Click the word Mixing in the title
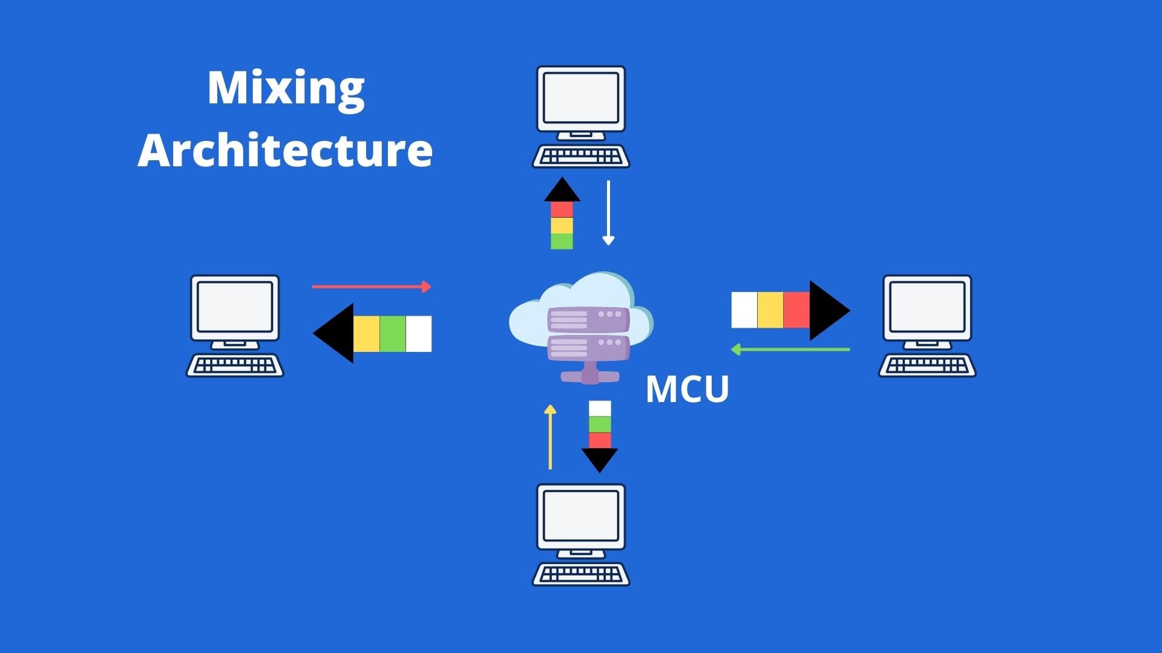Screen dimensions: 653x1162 286,89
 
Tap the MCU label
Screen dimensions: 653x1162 687,389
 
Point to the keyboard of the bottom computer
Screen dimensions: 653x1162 581,573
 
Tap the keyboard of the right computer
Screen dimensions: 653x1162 927,365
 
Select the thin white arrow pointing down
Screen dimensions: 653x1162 608,212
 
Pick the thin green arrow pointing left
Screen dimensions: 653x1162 790,349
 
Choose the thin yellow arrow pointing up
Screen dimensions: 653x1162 550,437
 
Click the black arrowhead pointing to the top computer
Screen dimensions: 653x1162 562,190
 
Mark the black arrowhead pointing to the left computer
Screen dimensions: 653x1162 335,333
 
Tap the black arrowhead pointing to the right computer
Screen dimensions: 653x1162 829,310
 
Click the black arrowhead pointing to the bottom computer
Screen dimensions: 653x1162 599,459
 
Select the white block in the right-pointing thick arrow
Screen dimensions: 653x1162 744,310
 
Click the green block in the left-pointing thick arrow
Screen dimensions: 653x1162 392,334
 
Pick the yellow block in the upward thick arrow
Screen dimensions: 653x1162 562,226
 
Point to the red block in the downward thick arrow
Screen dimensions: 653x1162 600,440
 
